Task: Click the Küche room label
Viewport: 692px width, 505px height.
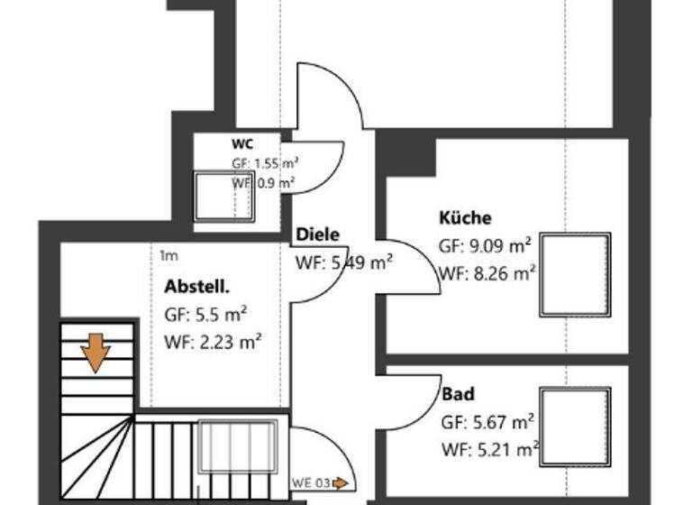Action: tap(465, 217)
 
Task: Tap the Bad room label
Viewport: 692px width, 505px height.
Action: tap(458, 394)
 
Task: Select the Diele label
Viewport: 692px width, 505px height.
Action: tap(318, 234)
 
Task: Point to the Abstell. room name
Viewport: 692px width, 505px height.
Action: tap(197, 287)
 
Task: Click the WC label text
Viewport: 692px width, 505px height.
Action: tap(242, 144)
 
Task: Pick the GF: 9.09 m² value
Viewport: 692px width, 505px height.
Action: tap(485, 245)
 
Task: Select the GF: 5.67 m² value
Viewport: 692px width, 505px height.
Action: tap(487, 421)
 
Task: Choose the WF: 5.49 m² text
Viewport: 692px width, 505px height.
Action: tap(343, 263)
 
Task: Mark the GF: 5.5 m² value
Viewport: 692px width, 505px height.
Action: tap(205, 314)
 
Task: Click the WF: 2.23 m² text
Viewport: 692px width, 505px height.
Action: tap(214, 341)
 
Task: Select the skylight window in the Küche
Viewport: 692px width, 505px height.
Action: tap(576, 274)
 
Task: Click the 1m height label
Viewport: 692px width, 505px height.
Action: tap(168, 255)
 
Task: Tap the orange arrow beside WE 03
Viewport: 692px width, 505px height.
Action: tap(341, 483)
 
